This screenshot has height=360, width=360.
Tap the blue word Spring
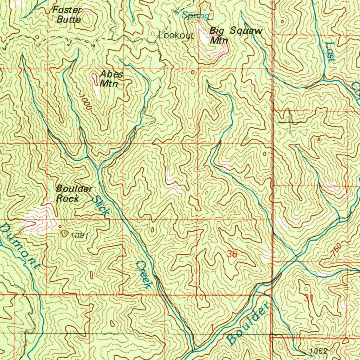(x=196, y=15)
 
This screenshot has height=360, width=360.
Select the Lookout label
(x=176, y=36)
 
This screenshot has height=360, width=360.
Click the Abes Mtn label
(x=111, y=79)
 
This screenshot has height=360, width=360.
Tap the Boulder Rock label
(x=74, y=193)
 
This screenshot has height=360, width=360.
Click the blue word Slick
(x=101, y=206)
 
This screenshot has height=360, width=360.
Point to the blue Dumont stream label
(x=20, y=246)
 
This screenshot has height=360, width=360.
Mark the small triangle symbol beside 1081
(x=64, y=232)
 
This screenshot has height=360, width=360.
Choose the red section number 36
(x=232, y=254)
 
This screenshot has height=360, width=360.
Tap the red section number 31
(x=308, y=298)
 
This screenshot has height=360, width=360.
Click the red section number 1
(x=212, y=328)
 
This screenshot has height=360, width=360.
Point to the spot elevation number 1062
(x=319, y=351)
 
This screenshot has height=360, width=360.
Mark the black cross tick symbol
(x=290, y=122)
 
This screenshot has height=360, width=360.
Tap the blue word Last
(x=330, y=52)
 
